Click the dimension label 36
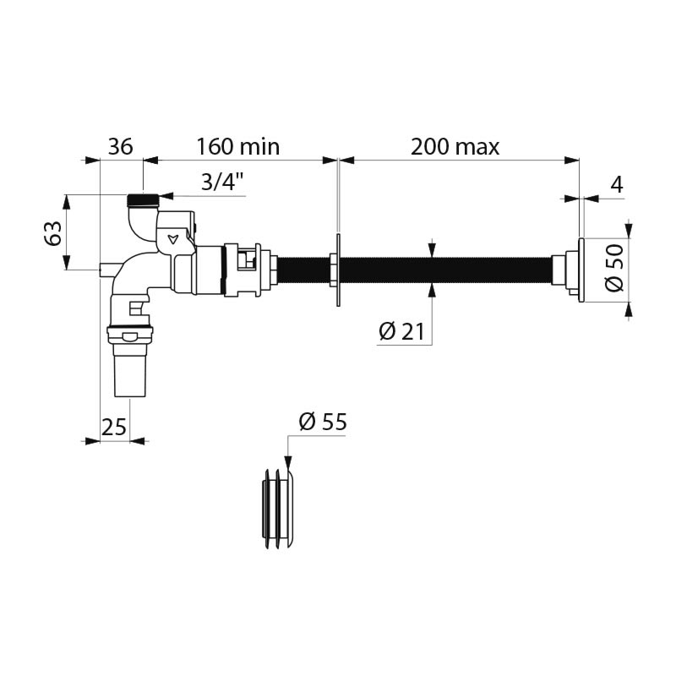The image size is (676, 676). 121,146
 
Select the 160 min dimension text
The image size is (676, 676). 237,146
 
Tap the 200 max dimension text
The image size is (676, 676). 455,146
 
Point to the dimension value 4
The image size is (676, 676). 617,185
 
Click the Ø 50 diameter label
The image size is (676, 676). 615,267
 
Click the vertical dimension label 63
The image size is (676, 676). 52,233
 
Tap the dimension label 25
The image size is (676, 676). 114,427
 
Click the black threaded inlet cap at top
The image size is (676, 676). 143,201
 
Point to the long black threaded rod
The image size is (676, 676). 439,267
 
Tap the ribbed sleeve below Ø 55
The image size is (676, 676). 278,508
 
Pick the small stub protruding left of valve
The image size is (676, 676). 105,270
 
